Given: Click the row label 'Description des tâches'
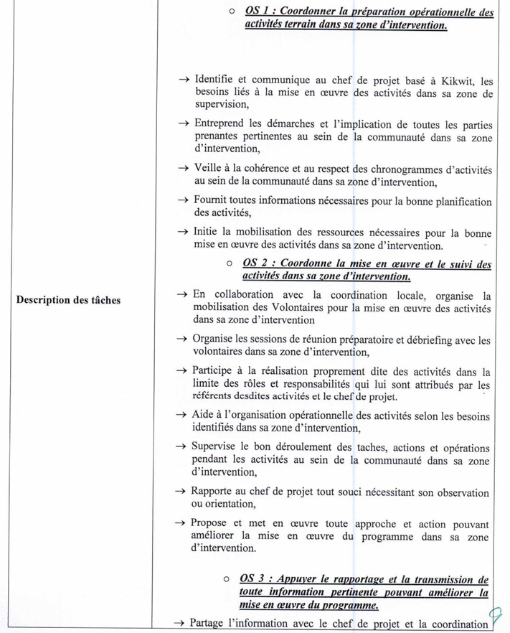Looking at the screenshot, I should point(68,300).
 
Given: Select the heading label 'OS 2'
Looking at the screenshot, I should point(258,264).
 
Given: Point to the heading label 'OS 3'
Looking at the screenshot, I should point(256,579).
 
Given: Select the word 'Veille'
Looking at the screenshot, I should point(209,168).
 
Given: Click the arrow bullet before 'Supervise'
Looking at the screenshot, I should point(181,448).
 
